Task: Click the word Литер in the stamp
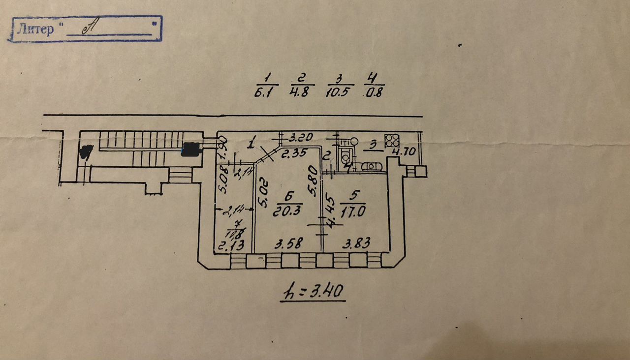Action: (35, 29)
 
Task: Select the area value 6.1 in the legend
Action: (266, 92)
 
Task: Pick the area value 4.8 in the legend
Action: (299, 92)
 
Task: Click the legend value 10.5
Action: (338, 92)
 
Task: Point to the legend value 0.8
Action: (374, 92)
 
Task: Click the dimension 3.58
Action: (287, 243)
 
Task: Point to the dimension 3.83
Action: (356, 243)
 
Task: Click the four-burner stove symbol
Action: (392, 140)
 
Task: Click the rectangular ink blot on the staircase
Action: (191, 149)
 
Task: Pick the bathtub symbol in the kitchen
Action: (373, 166)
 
